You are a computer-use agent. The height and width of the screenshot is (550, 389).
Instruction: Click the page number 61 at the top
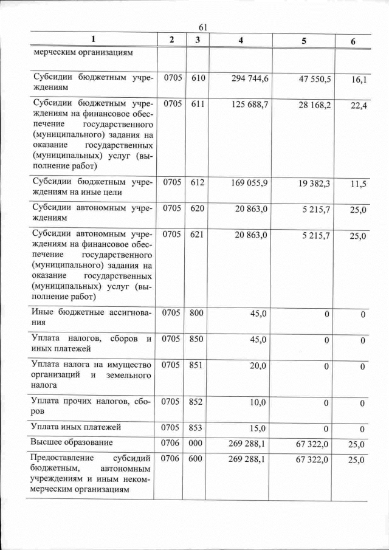coord(203,27)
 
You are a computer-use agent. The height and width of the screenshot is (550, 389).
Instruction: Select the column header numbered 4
coord(241,40)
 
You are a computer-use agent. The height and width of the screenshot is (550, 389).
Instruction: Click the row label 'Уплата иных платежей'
coord(77,427)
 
